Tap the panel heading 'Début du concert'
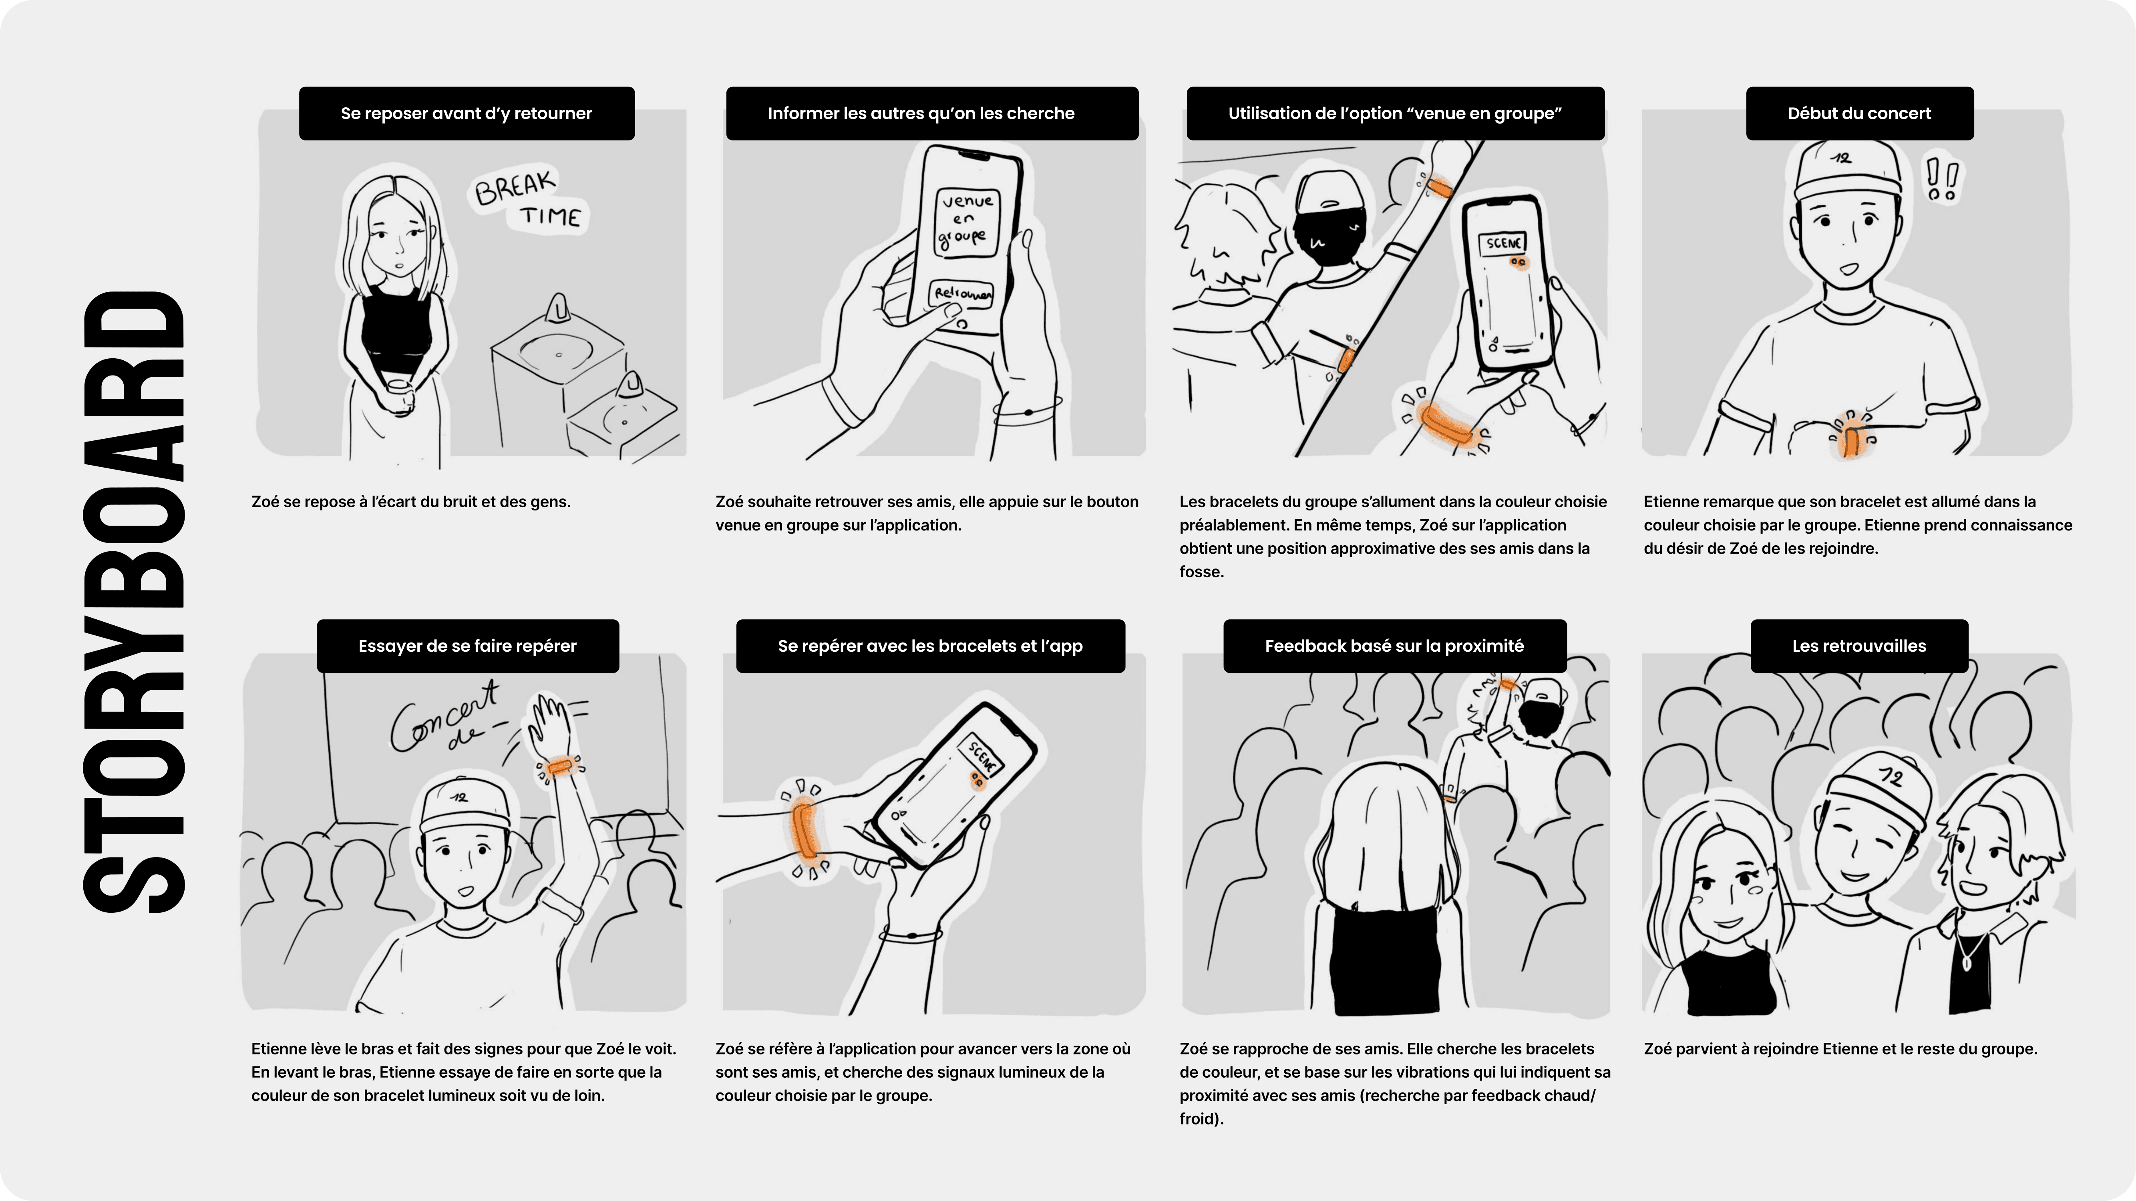(1859, 114)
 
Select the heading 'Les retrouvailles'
(1859, 646)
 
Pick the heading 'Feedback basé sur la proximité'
(1394, 646)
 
